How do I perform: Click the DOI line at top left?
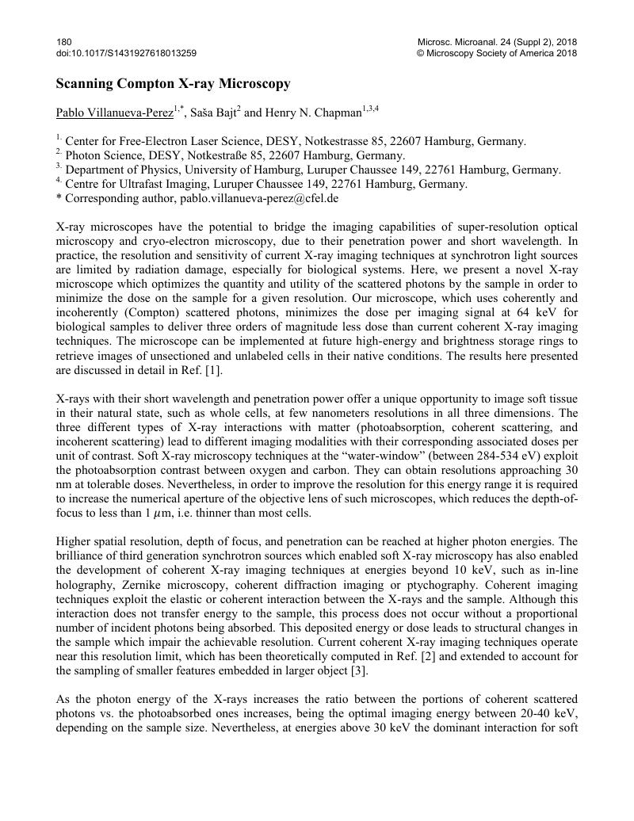pyautogui.click(x=126, y=53)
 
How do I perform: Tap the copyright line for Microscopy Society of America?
pyautogui.click(x=497, y=53)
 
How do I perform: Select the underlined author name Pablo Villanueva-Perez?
pyautogui.click(x=114, y=113)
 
